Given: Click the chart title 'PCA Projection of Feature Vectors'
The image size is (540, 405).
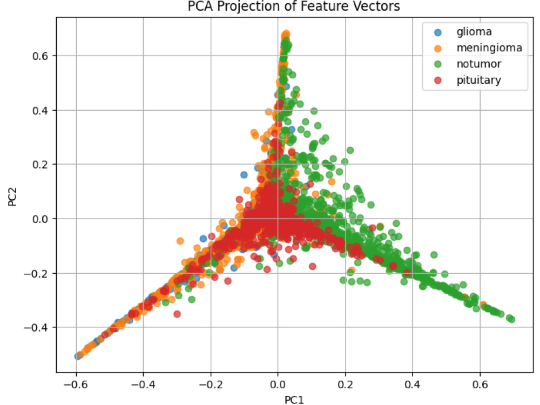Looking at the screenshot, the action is (294, 6).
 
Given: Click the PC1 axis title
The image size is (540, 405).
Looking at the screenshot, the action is (294, 400).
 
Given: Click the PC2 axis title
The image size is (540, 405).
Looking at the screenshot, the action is (12, 197).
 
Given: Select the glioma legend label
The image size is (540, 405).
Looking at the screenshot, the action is (474, 32).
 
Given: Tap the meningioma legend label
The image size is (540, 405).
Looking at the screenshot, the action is (489, 48).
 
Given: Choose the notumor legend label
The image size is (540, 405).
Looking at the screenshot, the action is (478, 64).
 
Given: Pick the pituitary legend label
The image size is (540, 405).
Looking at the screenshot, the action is (478, 80).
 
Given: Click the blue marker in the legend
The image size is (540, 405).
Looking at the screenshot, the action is (438, 33).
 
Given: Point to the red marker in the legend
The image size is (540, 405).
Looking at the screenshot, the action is (438, 80).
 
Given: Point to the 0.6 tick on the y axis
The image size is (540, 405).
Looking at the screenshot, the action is (40, 56).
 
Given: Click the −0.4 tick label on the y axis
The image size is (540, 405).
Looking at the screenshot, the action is (36, 328).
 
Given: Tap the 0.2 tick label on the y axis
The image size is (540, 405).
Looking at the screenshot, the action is (40, 165).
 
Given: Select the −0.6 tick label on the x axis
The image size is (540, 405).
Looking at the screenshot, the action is (76, 384).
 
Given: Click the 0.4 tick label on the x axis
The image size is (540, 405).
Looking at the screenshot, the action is (413, 384).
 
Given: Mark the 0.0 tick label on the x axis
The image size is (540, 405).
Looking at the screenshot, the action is (278, 384).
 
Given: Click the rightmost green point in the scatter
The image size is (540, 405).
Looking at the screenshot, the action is (512, 320).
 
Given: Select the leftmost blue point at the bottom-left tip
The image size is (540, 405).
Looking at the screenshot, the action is (78, 356).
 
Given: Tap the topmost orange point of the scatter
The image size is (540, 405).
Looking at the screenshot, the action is (286, 33).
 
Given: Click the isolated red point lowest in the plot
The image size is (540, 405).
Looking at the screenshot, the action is (177, 314).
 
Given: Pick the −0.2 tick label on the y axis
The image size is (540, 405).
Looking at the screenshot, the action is (36, 273).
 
